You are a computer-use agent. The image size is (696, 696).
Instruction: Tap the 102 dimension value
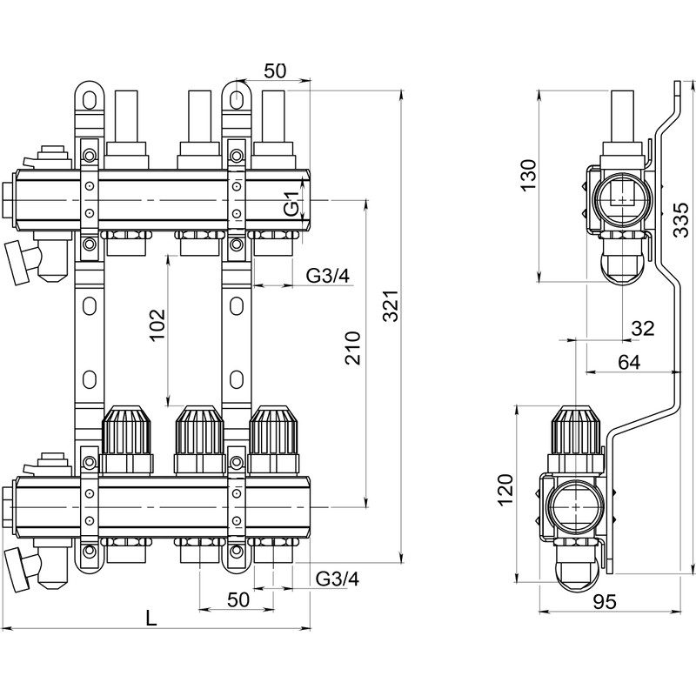point(157,326)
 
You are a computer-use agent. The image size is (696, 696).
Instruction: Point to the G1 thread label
point(293,207)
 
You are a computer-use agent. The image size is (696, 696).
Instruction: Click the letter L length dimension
point(151,618)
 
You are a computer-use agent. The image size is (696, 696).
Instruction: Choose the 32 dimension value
point(642,328)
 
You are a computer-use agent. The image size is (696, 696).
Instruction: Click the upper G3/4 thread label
point(328,276)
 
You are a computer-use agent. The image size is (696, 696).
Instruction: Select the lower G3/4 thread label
point(337,579)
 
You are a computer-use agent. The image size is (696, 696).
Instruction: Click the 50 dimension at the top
point(275,71)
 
